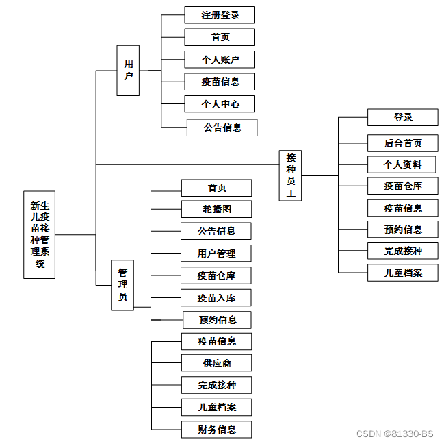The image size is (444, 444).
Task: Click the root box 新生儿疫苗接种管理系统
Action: coord(40,234)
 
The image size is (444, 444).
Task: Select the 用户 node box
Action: coord(128,70)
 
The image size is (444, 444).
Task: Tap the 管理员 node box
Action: coord(122,285)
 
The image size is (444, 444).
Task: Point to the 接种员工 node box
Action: coord(291,175)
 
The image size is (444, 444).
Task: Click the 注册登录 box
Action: coord(220,15)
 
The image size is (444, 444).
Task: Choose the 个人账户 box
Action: coord(220,60)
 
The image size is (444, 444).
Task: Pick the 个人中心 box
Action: coord(220,104)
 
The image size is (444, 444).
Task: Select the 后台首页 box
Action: coord(403,143)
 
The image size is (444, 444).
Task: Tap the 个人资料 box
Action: coord(403,164)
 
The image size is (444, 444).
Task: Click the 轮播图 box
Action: coord(216,209)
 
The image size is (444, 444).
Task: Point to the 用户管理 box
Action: coord(216,254)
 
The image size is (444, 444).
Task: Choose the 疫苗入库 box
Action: coord(216,297)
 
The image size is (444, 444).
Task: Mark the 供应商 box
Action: coord(216,362)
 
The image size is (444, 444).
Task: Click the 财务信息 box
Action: coord(216,430)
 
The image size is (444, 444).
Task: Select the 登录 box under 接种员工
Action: coord(403,117)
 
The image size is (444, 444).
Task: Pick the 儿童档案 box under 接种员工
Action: coord(403,273)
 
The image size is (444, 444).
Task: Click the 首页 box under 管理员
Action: coord(216,188)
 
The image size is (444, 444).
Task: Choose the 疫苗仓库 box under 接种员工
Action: coord(403,186)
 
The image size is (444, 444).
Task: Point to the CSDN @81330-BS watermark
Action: coord(395,434)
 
